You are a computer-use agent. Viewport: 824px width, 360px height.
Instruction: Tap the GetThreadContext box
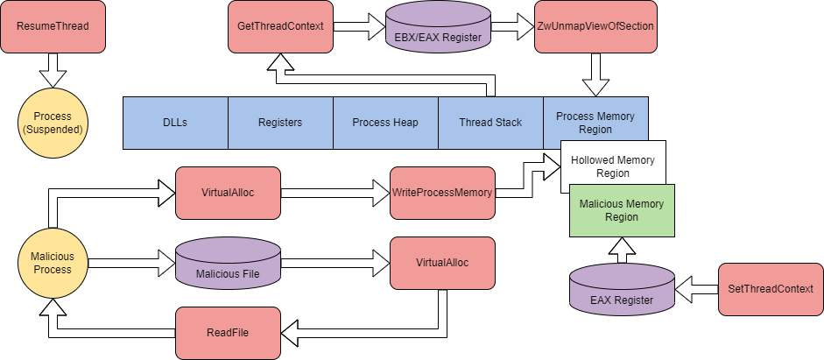click(280, 26)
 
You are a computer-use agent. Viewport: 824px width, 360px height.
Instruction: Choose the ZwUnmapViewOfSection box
click(595, 26)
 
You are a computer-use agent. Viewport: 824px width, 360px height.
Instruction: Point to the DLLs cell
click(175, 123)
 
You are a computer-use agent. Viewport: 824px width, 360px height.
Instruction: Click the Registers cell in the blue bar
click(280, 123)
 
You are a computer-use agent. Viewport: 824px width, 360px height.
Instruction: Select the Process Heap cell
click(385, 123)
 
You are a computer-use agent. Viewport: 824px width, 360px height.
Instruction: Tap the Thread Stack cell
click(490, 123)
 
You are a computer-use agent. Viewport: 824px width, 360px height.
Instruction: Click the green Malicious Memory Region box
click(622, 210)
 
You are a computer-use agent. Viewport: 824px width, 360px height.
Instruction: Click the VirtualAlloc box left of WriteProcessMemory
click(229, 193)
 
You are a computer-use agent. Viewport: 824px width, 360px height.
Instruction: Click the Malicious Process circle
click(53, 263)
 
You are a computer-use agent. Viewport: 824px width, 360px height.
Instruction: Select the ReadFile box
click(229, 333)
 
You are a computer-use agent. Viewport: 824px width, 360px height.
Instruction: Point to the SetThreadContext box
click(771, 289)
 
